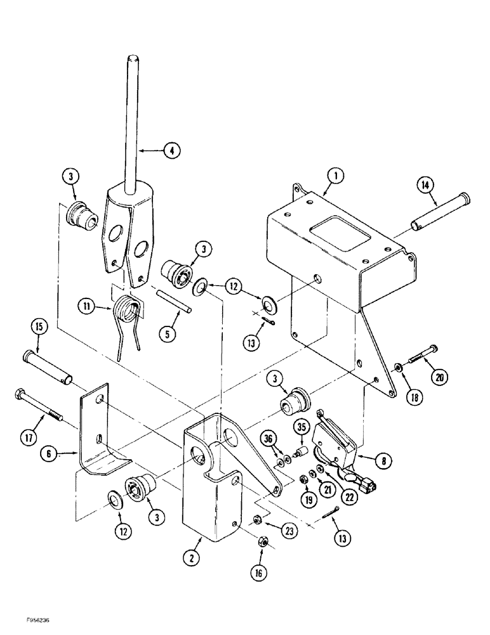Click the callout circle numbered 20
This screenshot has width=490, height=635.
[x=437, y=376]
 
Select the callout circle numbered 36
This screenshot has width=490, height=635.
[x=268, y=438]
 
